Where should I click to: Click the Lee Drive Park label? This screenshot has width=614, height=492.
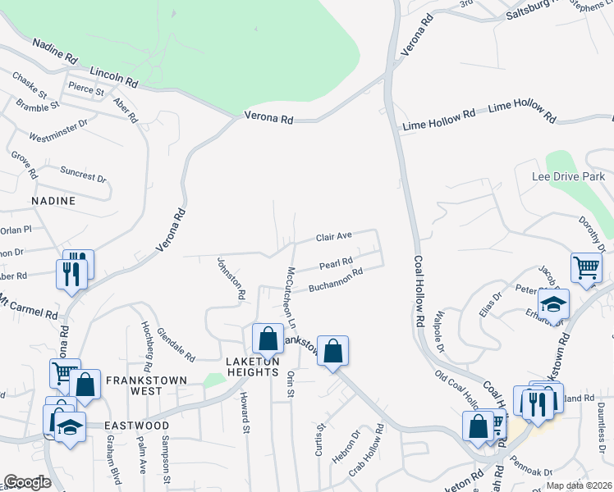coord(568,177)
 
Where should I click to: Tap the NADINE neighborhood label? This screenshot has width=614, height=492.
coord(53,201)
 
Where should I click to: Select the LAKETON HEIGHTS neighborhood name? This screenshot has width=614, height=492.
coord(252,367)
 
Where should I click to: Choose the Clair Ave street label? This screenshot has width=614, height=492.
coord(334,236)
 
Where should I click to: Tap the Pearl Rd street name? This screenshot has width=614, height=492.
coord(336,265)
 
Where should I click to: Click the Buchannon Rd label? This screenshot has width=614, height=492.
coord(336,280)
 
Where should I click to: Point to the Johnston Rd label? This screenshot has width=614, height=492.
coord(231,278)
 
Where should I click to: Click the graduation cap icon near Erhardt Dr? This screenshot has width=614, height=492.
coord(554,303)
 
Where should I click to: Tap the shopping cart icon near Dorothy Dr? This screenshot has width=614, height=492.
coord(586,267)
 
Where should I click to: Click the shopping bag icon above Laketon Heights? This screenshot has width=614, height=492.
coord(268,339)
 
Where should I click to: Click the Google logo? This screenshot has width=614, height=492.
coord(27,482)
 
